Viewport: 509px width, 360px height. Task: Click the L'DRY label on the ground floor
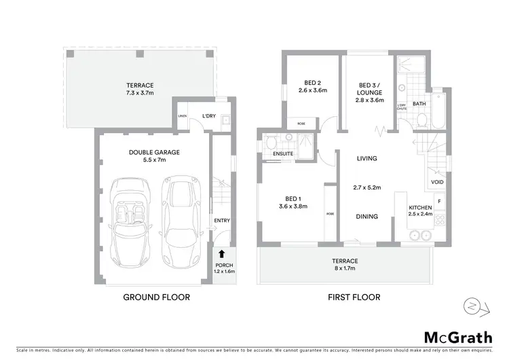point(208,116)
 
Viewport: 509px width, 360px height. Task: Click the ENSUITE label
point(282,154)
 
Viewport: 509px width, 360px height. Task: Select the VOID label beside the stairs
point(436,182)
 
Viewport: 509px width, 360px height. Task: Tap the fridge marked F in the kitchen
point(439,202)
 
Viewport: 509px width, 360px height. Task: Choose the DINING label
point(367,217)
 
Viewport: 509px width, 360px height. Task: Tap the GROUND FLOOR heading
point(155,297)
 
